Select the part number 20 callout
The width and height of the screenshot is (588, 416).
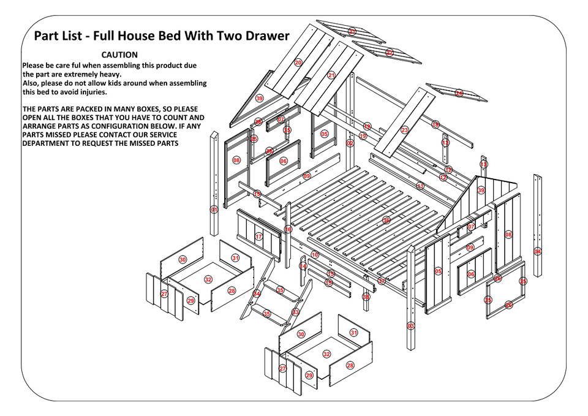click(x=298, y=62)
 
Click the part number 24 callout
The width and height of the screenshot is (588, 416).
click(x=459, y=93)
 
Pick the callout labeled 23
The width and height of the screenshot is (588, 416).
click(x=405, y=130)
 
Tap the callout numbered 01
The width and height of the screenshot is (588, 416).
click(x=214, y=210)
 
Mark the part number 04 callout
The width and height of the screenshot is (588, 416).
click(x=538, y=251)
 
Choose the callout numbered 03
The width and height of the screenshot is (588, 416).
click(x=410, y=326)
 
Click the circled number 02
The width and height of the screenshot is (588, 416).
click(x=350, y=143)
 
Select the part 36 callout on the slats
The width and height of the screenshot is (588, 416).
click(x=386, y=220)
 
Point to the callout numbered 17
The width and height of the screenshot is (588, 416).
click(x=258, y=236)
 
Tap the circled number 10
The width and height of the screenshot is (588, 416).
click(x=315, y=254)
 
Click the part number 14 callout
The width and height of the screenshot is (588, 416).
click(x=303, y=266)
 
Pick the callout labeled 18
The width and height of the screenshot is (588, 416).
click(x=435, y=124)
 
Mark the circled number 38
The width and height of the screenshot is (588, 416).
click(x=366, y=297)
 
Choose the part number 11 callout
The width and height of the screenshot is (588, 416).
click(x=420, y=186)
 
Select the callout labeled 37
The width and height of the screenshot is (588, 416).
click(x=382, y=281)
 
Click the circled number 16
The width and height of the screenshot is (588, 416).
click(x=288, y=230)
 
